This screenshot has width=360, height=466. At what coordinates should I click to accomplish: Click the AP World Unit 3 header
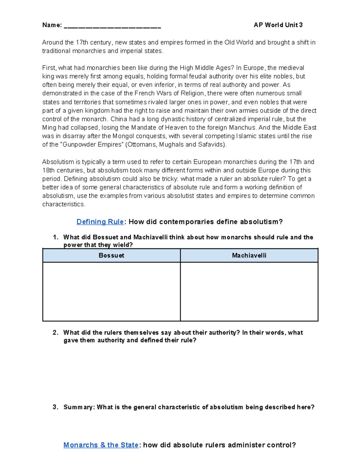tap(278, 25)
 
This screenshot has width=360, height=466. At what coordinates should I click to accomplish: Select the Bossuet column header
tap(111, 256)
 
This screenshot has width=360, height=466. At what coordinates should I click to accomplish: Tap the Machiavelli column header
tap(249, 256)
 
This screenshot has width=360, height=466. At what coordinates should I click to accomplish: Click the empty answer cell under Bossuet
tap(111, 291)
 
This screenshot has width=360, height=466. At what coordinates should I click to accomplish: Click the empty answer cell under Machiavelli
tap(249, 291)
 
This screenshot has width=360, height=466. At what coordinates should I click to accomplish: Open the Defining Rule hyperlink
tap(100, 222)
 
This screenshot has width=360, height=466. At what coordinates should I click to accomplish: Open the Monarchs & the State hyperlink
tap(101, 445)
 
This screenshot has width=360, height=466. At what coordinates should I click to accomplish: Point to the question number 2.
tap(55, 332)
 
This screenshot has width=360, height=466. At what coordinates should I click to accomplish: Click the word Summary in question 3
tap(79, 407)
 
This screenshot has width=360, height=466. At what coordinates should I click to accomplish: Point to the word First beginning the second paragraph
tap(49, 68)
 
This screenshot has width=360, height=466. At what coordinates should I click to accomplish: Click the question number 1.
tap(55, 237)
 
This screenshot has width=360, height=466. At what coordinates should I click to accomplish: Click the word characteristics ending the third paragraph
tap(63, 204)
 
